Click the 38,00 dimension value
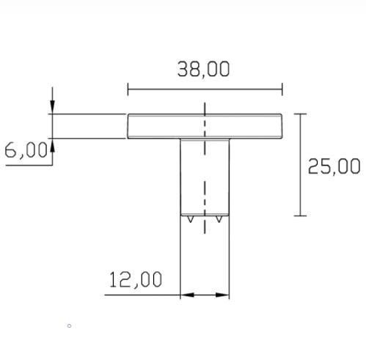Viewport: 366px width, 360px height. [203, 69]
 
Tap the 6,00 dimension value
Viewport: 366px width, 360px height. [26, 150]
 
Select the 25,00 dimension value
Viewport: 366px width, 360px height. [334, 166]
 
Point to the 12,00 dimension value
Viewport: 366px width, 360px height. [136, 279]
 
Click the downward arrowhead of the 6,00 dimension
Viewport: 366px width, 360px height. [52, 107]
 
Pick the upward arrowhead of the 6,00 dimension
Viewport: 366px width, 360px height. [52, 145]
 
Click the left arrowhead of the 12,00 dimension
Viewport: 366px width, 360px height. [187, 295]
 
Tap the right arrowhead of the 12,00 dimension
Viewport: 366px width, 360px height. [222, 295]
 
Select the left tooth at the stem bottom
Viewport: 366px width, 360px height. [190, 219]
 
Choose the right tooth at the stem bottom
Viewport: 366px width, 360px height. [219, 219]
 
